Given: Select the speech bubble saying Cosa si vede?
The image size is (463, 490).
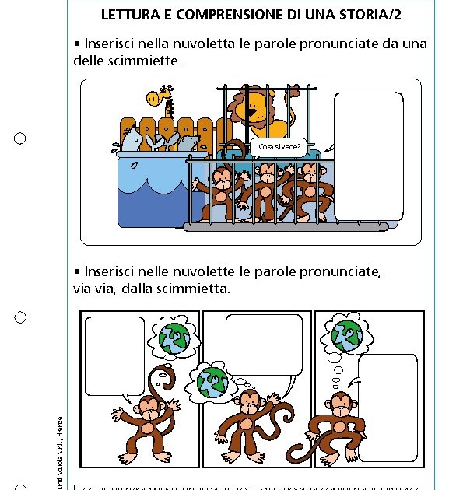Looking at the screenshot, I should tap(277, 145).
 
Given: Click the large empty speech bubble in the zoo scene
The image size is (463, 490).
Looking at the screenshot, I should tap(368, 156).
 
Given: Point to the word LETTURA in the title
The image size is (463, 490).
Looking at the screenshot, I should tap(128, 15).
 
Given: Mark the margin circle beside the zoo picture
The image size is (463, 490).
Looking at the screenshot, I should tap(20, 138).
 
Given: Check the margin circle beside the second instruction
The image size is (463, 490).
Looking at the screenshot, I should tap(20, 317).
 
